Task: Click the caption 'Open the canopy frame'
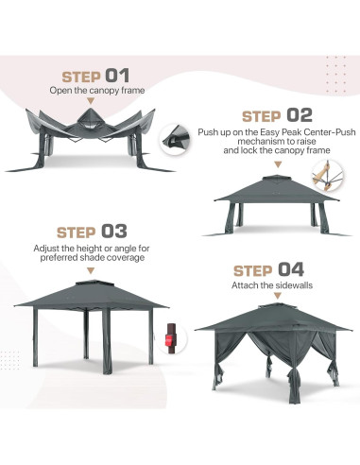click(97, 92)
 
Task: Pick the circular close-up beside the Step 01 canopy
click(174, 139)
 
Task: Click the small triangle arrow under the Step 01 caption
click(97, 101)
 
